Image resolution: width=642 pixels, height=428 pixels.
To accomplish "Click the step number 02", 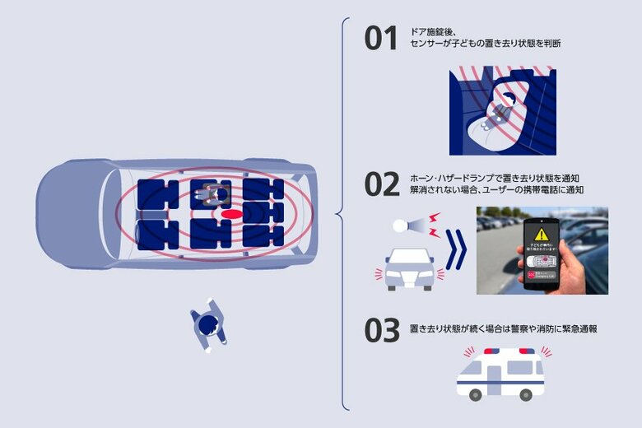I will (382, 184).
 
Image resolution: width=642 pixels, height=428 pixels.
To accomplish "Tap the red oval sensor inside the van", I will (232, 214).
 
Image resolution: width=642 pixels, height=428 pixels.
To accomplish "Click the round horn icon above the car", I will (400, 225).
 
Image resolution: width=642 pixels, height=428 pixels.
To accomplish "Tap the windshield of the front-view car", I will (410, 256).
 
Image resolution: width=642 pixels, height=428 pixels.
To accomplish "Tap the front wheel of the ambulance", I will (476, 395).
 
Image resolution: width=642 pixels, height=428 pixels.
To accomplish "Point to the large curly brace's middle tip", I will (337, 215).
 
